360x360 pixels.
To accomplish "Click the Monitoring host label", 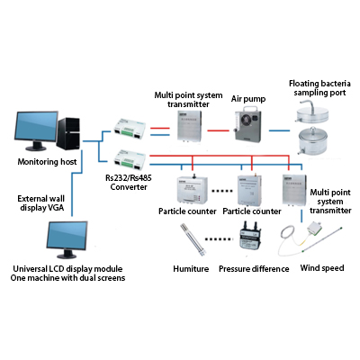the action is tap(47, 162).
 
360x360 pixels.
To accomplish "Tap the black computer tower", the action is tap(68, 133).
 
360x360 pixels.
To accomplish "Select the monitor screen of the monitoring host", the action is tap(36, 127).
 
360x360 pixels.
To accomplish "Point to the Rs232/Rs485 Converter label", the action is tap(129, 183).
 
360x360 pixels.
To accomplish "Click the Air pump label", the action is tap(248, 99).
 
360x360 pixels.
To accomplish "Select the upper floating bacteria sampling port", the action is tap(311, 112).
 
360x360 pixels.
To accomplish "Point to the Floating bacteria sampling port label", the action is tap(319, 88).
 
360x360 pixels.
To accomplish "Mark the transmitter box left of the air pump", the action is tap(189, 126).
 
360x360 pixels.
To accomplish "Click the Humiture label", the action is tap(191, 268).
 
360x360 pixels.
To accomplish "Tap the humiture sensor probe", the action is tap(193, 240).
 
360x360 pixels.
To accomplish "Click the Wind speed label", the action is tap(322, 268).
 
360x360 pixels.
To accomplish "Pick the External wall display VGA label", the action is tap(41, 203).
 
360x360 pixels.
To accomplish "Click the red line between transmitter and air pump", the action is tap(218, 130).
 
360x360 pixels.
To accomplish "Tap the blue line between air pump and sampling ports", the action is tap(279, 130).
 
